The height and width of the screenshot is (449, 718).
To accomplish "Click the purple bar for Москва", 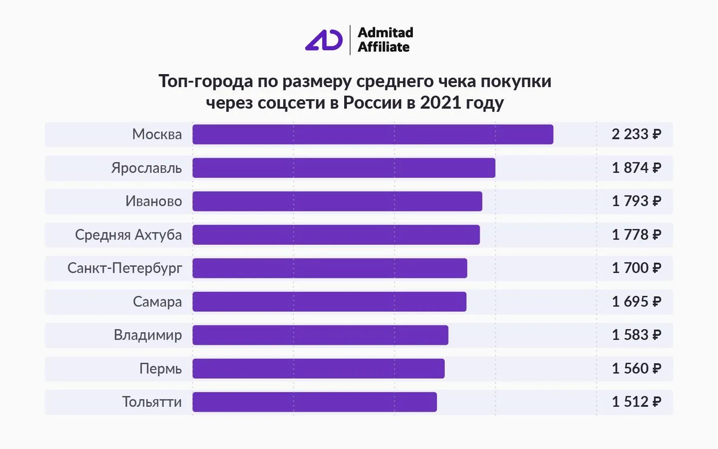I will click(x=372, y=134).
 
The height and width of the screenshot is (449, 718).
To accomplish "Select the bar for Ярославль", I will click(x=344, y=168).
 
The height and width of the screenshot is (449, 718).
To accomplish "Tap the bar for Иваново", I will click(x=337, y=201).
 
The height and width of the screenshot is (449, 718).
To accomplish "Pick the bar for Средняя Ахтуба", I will click(x=336, y=235).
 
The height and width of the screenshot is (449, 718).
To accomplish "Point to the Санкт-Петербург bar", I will click(x=330, y=268).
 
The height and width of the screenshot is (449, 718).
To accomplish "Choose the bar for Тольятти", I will click(x=315, y=402).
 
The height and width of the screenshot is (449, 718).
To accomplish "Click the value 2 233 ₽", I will click(x=636, y=134).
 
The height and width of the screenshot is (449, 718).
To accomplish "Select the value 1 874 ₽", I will click(x=636, y=168).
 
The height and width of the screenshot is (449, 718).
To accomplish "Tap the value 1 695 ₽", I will click(x=636, y=302).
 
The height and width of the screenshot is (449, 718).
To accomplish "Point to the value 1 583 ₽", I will click(x=636, y=335).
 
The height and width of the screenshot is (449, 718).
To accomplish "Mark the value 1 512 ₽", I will click(x=636, y=402).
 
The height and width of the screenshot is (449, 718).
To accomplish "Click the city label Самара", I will click(x=157, y=302).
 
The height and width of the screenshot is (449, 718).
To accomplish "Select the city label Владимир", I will click(x=148, y=335).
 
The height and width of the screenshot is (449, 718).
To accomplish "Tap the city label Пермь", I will click(x=160, y=369).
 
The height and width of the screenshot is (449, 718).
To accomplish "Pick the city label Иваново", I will click(x=153, y=201).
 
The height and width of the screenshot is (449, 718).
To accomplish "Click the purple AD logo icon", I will click(x=324, y=40).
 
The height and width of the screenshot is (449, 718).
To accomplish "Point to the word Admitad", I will click(x=385, y=32).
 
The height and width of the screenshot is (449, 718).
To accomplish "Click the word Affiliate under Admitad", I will click(x=383, y=47).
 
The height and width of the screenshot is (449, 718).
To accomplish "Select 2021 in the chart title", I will click(x=441, y=103).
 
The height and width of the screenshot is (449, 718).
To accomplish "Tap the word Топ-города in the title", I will click(x=206, y=81).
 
